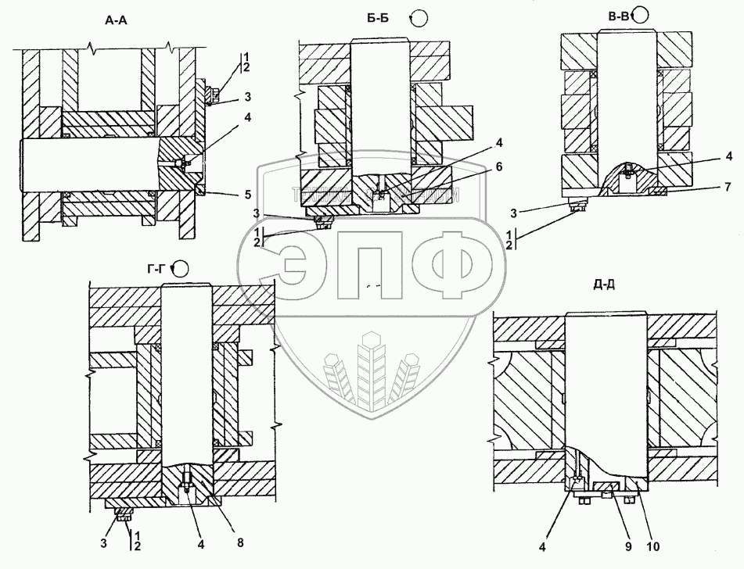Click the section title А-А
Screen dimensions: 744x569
(x=117, y=21)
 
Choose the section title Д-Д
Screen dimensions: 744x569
(x=604, y=284)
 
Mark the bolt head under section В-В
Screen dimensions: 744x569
(x=580, y=206)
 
